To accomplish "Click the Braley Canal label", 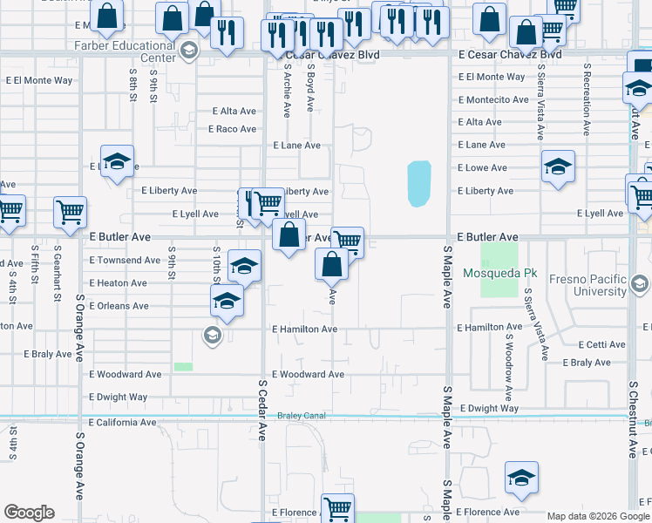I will coord(302,416).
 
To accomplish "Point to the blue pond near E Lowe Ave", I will coord(419,183).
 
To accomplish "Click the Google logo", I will coord(30,513).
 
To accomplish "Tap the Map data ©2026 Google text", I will coord(597,516).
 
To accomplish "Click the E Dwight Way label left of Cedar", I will coord(119,397).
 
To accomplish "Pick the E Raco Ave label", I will coord(232,129).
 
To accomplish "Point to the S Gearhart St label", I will coord(58,278).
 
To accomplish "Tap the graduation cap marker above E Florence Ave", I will coord(521,477).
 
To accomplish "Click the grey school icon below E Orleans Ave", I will coord(211,335).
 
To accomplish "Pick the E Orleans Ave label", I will coord(119,306).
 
